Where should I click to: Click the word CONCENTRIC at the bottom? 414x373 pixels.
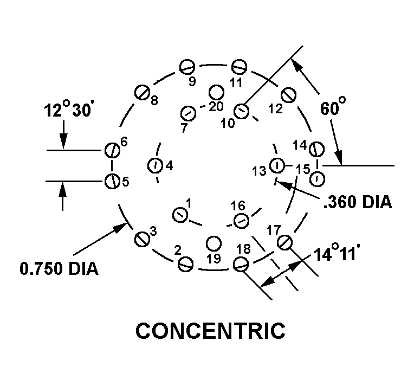210,331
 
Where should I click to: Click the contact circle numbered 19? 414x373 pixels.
215,242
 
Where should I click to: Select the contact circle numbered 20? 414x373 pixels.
216,92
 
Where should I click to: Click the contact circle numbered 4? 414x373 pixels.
154,165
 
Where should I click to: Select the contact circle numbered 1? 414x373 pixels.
179,215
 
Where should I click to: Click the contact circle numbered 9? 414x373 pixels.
187,67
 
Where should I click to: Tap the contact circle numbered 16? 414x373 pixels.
240,220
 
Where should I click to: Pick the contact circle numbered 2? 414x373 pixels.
186,264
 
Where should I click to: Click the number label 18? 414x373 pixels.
243,249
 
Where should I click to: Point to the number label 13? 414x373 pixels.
260,171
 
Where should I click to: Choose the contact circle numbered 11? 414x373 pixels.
239,67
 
